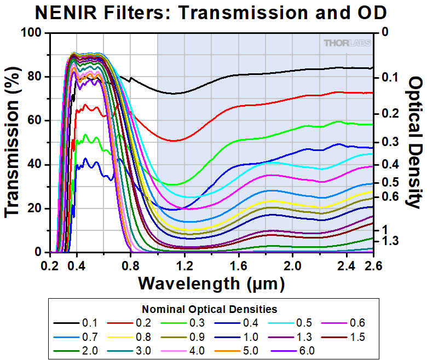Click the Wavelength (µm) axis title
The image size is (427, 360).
click(x=211, y=283)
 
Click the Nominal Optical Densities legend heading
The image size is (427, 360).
click(x=210, y=309)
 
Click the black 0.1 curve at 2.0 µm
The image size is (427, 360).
click(x=292, y=70)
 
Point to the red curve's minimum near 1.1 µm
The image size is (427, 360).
click(x=174, y=141)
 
